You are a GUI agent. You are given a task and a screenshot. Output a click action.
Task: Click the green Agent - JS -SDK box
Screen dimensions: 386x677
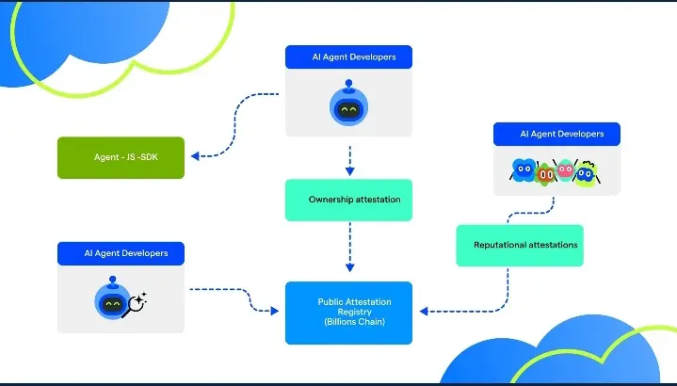[x=121, y=158]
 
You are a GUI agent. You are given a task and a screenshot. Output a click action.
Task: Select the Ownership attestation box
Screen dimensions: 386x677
[x=348, y=200]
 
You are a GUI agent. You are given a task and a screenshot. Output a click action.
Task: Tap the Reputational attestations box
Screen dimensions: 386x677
[x=520, y=245]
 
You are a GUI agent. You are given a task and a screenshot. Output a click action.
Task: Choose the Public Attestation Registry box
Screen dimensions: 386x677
[x=348, y=313]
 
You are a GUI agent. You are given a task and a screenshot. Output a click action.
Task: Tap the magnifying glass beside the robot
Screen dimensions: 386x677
[x=137, y=302]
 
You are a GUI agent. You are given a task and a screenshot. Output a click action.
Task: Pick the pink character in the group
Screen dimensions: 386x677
[x=565, y=170]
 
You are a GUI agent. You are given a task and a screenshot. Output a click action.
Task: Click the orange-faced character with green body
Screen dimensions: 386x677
[x=544, y=172]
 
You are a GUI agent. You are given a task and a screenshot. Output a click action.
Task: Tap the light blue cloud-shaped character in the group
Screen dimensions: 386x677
[x=523, y=170]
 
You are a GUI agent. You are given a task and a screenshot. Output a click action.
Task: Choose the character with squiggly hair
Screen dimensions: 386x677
[x=586, y=172]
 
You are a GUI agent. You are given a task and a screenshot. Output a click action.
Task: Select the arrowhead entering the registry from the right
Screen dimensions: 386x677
[x=424, y=311]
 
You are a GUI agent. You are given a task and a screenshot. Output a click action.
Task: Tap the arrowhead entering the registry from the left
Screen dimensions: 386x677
[x=274, y=309]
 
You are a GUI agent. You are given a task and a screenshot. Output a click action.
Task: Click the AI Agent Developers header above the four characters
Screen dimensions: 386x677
[x=556, y=134]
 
